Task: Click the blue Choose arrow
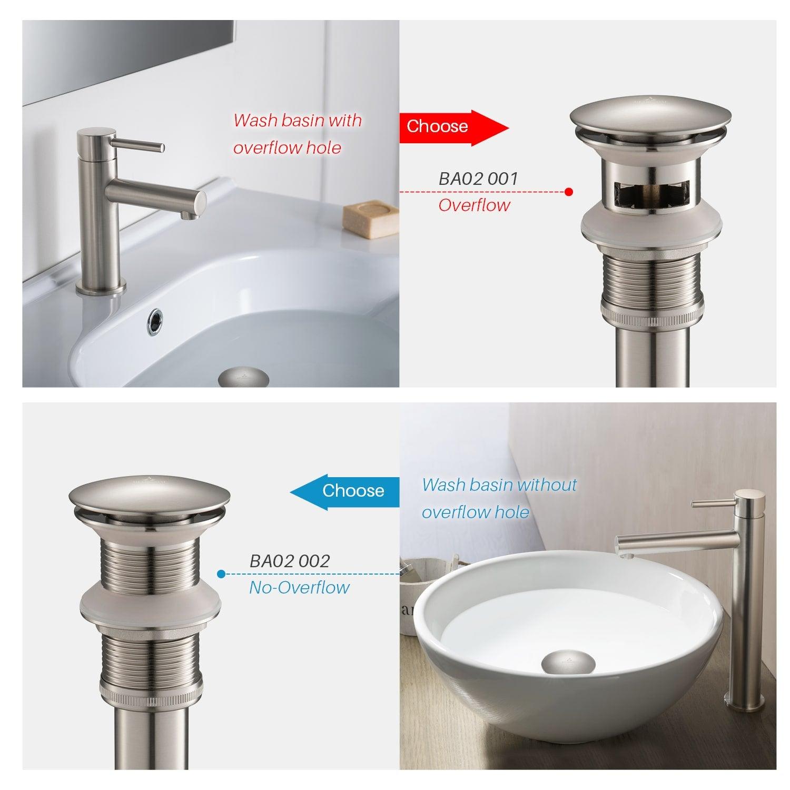click(x=348, y=491)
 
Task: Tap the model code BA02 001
click(x=478, y=179)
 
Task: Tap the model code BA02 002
click(x=290, y=561)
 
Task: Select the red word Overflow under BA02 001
click(x=474, y=205)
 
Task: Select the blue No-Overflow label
click(x=299, y=587)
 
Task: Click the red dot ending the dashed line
click(x=569, y=192)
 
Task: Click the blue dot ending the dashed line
click(x=221, y=574)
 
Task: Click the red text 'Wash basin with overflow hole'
click(x=298, y=134)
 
